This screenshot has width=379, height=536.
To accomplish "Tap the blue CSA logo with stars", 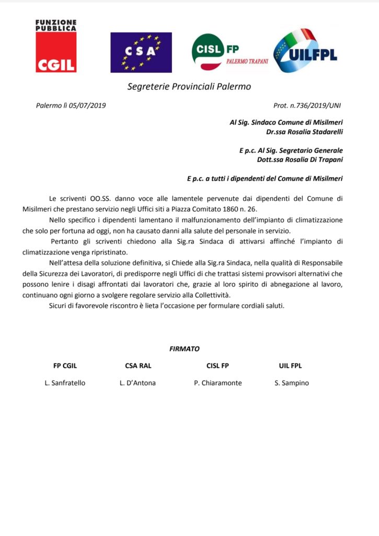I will [141, 52].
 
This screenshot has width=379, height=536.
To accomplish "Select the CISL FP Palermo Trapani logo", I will [230, 52].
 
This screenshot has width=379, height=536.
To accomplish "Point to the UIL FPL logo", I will [305, 51].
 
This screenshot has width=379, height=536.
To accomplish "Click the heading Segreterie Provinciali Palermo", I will [189, 86].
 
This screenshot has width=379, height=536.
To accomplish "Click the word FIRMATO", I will [184, 349].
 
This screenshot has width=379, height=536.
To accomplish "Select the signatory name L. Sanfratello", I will [65, 383].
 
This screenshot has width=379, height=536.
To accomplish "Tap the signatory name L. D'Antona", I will [137, 383].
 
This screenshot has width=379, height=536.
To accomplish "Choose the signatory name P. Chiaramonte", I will [217, 383].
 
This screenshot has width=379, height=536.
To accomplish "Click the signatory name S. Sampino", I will [292, 383].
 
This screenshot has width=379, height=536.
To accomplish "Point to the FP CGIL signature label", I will [65, 366].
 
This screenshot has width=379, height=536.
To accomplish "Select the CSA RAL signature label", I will [138, 366].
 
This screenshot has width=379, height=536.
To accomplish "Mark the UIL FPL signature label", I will [291, 366].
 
